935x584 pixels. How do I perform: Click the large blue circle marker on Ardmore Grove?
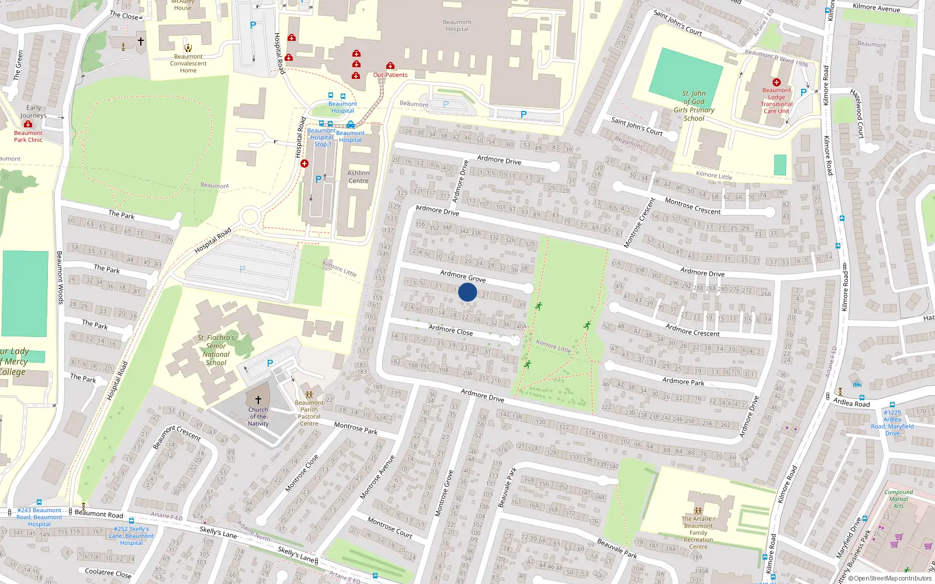click(x=467, y=292)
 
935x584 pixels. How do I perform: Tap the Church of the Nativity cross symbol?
click(x=258, y=400)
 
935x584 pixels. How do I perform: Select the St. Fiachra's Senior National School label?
click(x=216, y=350)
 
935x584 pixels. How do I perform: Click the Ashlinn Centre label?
click(x=358, y=177)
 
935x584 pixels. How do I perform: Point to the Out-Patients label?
click(x=390, y=75)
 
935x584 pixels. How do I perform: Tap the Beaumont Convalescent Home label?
click(x=188, y=64)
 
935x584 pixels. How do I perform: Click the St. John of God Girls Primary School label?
click(x=694, y=106)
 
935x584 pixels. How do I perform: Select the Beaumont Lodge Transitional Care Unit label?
click(x=776, y=100)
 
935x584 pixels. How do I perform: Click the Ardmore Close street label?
click(x=451, y=330)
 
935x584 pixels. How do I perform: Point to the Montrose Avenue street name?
click(x=378, y=477)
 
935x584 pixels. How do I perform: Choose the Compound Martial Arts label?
click(x=898, y=499)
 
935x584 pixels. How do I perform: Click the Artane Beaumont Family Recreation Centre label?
click(x=698, y=533)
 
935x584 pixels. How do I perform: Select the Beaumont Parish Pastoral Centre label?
click(x=309, y=413)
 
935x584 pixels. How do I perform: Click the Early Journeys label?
click(x=33, y=112)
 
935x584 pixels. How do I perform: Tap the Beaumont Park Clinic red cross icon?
click(x=28, y=124)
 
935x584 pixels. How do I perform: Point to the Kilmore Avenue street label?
click(x=876, y=8)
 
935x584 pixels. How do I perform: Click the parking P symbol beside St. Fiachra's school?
click(x=270, y=363)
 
